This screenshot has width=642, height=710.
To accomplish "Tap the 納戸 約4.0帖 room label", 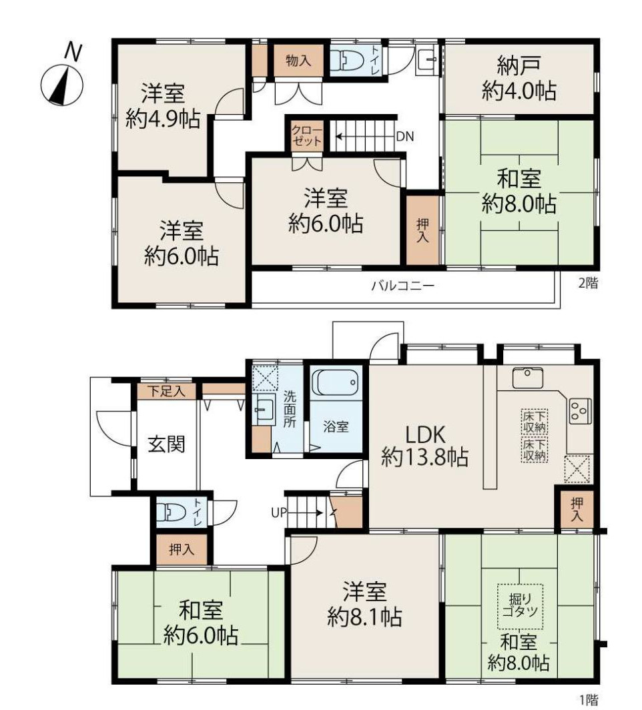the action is click(x=519, y=78).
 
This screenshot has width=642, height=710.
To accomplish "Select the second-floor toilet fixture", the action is click(x=347, y=60).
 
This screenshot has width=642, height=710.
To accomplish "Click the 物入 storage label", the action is click(x=298, y=60).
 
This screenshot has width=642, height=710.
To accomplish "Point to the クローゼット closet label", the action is click(x=306, y=135).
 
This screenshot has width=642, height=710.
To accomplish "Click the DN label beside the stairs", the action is click(x=405, y=136).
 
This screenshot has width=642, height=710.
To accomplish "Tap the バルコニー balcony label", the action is click(x=403, y=286).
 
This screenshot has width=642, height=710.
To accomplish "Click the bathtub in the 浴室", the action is click(x=336, y=383).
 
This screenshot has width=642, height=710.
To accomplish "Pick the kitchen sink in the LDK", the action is click(x=528, y=378).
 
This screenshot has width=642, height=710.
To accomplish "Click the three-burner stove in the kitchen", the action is click(x=580, y=411).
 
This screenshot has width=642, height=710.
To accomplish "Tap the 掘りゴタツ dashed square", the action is click(x=520, y=607).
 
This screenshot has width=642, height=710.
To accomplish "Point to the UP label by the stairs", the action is click(x=279, y=512).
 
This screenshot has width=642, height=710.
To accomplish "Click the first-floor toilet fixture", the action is click(x=171, y=512).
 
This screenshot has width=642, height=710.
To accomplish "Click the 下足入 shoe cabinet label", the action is click(x=167, y=391).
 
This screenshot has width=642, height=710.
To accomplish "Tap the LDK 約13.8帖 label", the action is click(x=424, y=446).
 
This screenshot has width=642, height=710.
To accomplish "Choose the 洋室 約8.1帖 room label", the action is click(x=364, y=604).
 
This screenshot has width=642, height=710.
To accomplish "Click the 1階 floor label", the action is click(x=589, y=699).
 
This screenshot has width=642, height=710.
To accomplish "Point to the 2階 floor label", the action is click(x=589, y=284).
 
